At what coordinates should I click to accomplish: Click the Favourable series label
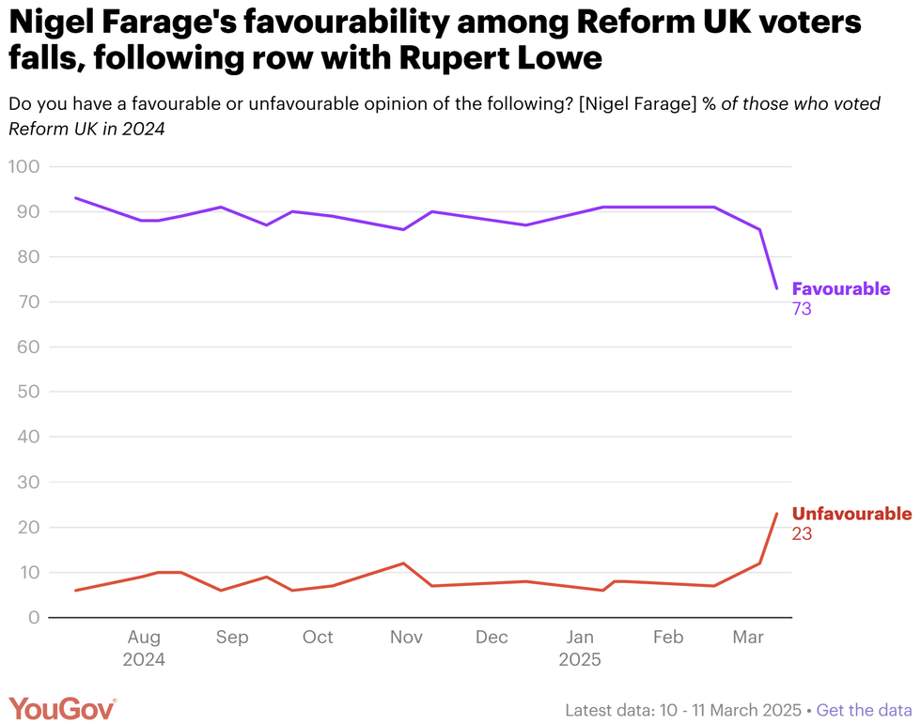(x=840, y=288)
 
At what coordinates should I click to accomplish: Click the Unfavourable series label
(x=851, y=514)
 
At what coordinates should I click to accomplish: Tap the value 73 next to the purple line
(x=802, y=309)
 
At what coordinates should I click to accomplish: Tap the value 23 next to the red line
(x=802, y=534)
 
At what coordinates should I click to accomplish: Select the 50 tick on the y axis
(x=27, y=393)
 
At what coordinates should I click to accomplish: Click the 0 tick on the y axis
(x=33, y=618)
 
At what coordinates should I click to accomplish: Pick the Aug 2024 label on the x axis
(x=144, y=648)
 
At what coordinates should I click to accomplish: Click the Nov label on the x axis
(x=406, y=638)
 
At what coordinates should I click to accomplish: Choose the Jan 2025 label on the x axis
(x=580, y=648)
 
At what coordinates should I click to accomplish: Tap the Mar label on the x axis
(x=748, y=638)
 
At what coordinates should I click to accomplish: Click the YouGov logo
(x=63, y=709)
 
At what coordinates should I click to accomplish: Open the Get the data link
(x=864, y=710)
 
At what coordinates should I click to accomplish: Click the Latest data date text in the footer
(x=683, y=710)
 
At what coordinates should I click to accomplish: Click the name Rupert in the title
(x=464, y=58)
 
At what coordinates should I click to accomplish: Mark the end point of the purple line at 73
(x=776, y=287)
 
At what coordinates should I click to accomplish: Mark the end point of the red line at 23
(x=776, y=513)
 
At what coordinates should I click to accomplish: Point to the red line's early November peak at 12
(x=403, y=563)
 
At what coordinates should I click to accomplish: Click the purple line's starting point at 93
(x=75, y=198)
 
